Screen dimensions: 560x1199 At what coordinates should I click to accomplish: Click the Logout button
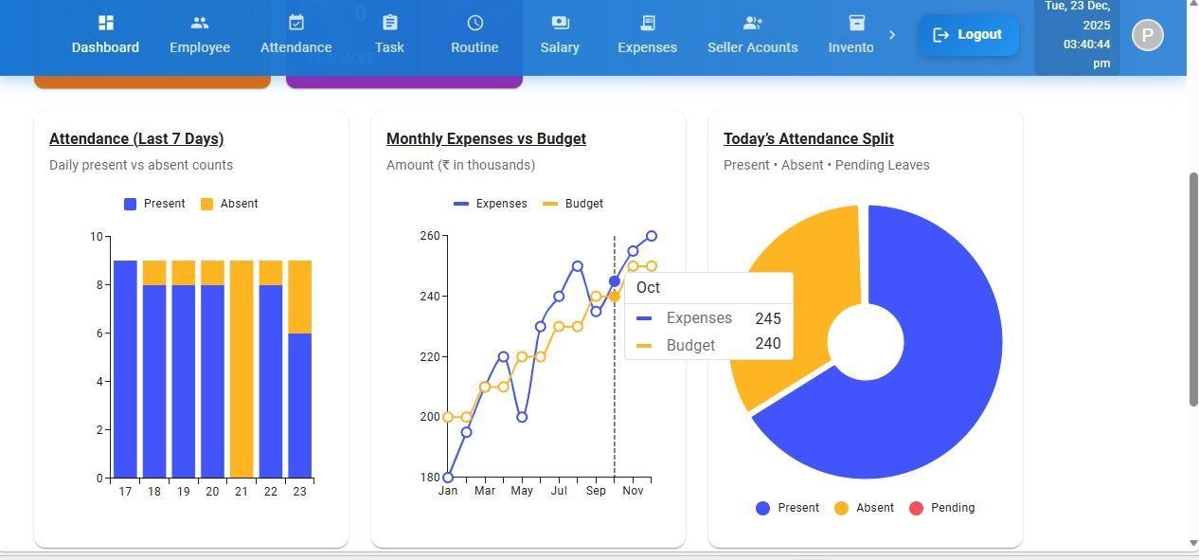[968, 35]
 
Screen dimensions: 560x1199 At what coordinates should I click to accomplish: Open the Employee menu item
[200, 35]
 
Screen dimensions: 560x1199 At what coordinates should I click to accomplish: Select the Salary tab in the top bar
[560, 35]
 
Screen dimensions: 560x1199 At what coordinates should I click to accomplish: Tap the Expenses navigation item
[647, 35]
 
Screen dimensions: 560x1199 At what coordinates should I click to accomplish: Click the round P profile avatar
[1147, 36]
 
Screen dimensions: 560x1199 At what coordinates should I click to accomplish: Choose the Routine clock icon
[474, 23]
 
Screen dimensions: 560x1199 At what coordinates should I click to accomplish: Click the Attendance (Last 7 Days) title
[136, 139]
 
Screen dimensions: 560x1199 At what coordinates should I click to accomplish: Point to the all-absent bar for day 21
[242, 369]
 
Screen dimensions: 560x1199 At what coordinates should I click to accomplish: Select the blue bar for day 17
[125, 369]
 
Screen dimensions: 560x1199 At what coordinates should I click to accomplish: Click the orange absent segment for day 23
[300, 297]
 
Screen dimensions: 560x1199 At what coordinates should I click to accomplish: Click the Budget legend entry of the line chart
[573, 204]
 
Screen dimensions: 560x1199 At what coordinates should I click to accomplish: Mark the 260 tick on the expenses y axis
[429, 236]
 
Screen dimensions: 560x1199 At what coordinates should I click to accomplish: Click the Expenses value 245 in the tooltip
[768, 318]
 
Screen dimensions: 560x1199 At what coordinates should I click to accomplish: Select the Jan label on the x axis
[448, 491]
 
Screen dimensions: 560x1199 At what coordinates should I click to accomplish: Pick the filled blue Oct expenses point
[615, 281]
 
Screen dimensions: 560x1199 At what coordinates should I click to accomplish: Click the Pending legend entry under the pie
[942, 508]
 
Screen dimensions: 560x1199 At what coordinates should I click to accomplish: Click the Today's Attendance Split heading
[809, 139]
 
